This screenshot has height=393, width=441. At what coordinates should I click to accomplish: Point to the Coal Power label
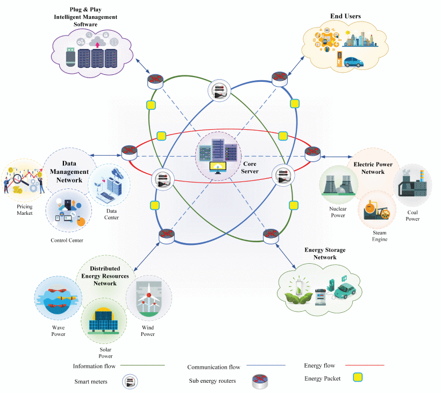point(412,215)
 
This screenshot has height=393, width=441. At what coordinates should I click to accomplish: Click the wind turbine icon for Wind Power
point(148,299)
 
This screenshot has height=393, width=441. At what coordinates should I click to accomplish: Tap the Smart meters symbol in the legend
point(130,382)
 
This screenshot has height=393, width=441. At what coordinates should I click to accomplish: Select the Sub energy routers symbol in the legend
point(260,381)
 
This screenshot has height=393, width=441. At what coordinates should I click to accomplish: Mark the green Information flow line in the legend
point(141,366)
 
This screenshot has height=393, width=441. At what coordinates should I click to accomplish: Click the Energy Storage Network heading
point(325,254)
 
